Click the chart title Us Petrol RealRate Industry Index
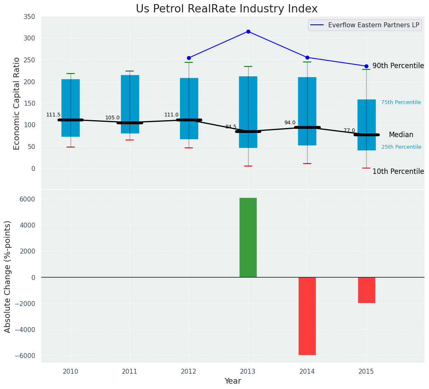pyautogui.click(x=227, y=9)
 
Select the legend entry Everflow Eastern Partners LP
pyautogui.click(x=373, y=25)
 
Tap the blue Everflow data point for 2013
pyautogui.click(x=248, y=31)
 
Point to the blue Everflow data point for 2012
pyautogui.click(x=189, y=58)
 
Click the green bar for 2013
pyautogui.click(x=248, y=237)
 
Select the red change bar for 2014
pyautogui.click(x=307, y=316)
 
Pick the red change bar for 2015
pyautogui.click(x=366, y=290)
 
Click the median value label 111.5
pyautogui.click(x=53, y=115)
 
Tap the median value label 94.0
pyautogui.click(x=290, y=123)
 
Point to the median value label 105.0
pyautogui.click(x=112, y=118)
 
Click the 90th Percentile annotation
pyautogui.click(x=398, y=66)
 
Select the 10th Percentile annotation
pyautogui.click(x=398, y=171)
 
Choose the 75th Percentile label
pyautogui.click(x=401, y=102)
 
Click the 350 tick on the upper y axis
pyautogui.click(x=29, y=17)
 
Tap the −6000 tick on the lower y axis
pyautogui.click(x=26, y=356)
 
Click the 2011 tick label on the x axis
pyautogui.click(x=130, y=372)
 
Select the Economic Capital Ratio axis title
pyautogui.click(x=17, y=103)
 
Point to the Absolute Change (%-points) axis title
pyautogui.click(x=8, y=276)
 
